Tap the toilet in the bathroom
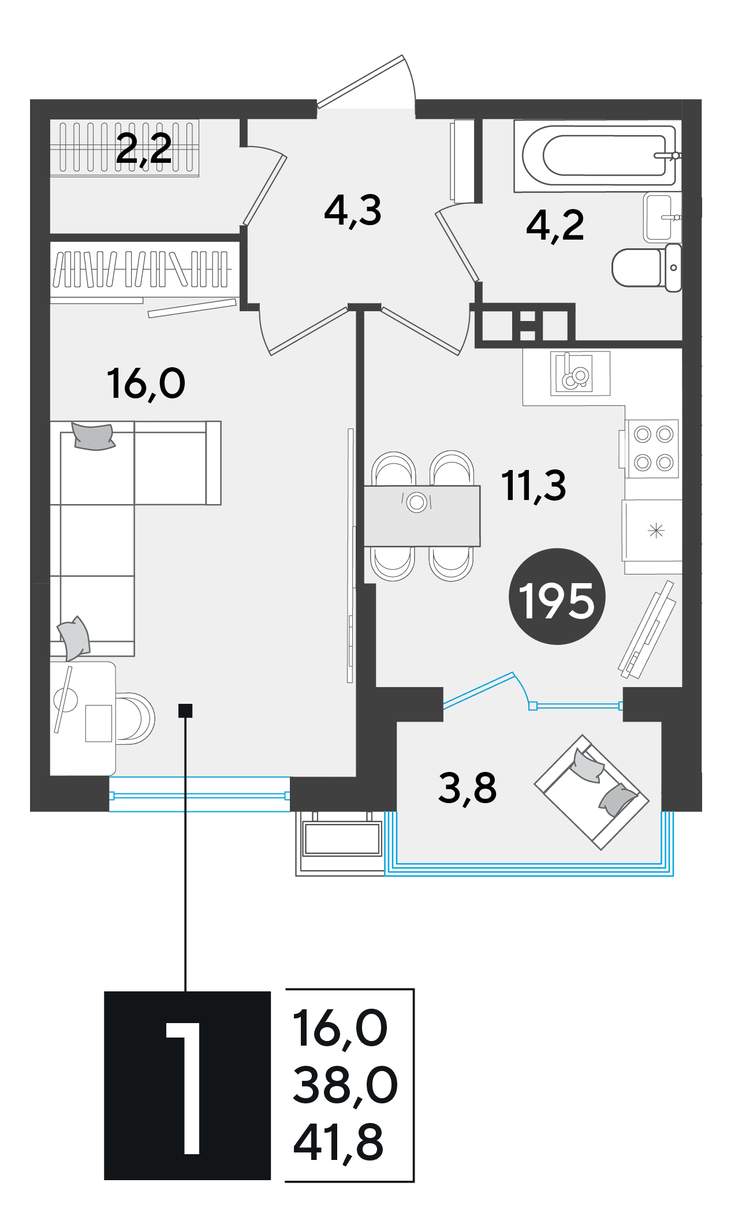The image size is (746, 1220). pyautogui.click(x=647, y=267)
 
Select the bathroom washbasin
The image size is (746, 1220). pyautogui.click(x=662, y=218)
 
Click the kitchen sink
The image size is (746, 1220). pyautogui.click(x=580, y=373)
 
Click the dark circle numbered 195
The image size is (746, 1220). pyautogui.click(x=557, y=596)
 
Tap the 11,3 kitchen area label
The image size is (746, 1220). pyautogui.click(x=534, y=485)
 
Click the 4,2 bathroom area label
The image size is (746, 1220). pyautogui.click(x=555, y=225)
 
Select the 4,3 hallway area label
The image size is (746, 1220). pyautogui.click(x=353, y=211)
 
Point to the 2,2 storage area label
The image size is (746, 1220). pyautogui.click(x=144, y=149)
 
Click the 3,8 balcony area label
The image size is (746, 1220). pyautogui.click(x=467, y=788)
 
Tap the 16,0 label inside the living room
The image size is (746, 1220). pyautogui.click(x=146, y=383)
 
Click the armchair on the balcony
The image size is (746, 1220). pyautogui.click(x=592, y=792)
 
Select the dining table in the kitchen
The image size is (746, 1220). pyautogui.click(x=422, y=516)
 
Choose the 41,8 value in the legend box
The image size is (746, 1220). pyautogui.click(x=338, y=1143)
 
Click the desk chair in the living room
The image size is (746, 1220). pyautogui.click(x=135, y=718)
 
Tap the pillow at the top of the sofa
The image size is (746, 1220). pyautogui.click(x=92, y=436)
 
